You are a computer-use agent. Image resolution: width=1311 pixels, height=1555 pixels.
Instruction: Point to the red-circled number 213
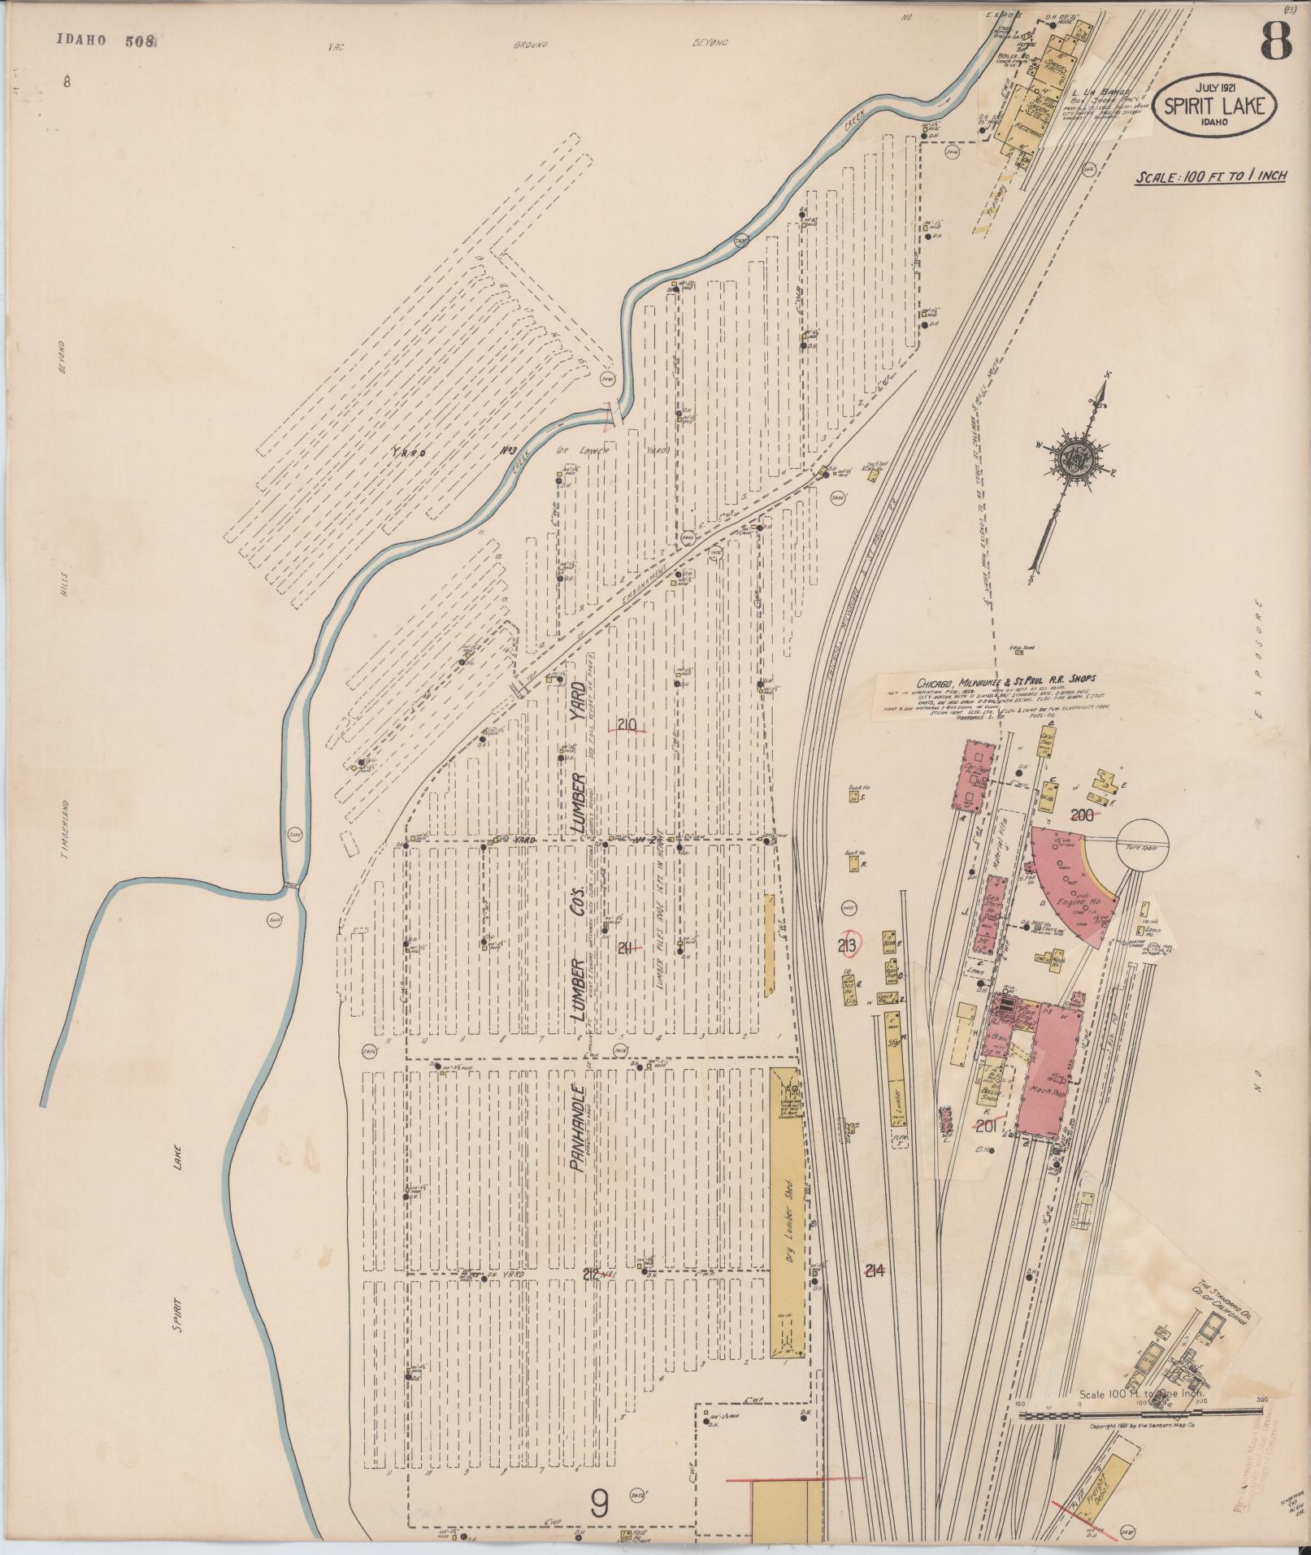[849, 944]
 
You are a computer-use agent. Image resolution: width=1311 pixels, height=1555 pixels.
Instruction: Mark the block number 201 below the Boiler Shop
[985, 1125]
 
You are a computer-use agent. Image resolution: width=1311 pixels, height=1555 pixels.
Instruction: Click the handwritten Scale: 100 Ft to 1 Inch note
[1211, 176]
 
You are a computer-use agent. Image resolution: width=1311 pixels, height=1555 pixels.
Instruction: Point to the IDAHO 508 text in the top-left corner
[106, 41]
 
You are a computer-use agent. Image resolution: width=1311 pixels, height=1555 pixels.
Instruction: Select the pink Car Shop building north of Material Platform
[973, 775]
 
